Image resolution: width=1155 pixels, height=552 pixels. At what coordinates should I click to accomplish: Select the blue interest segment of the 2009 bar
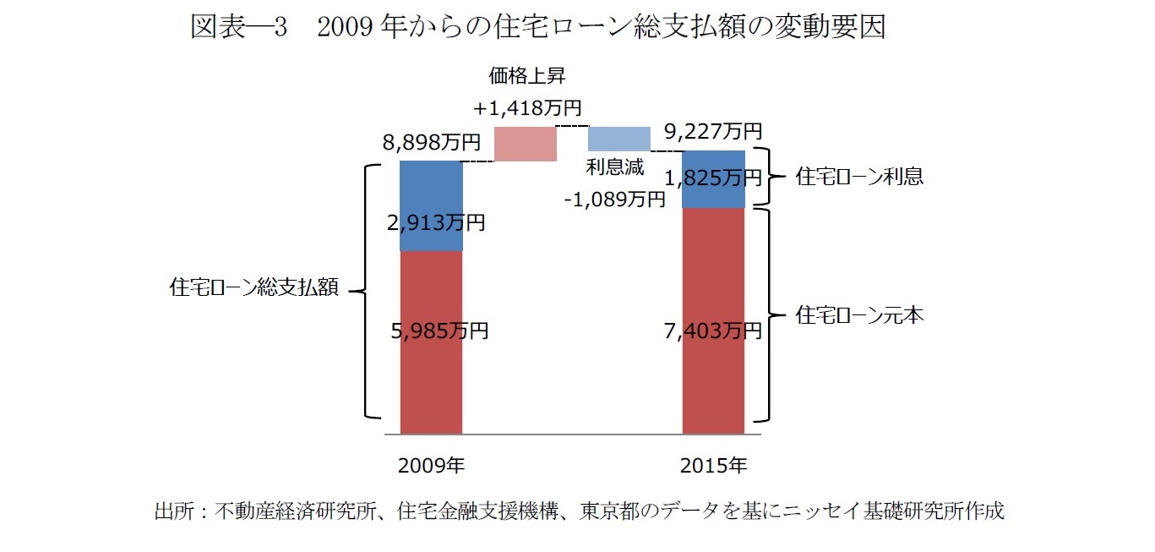431,190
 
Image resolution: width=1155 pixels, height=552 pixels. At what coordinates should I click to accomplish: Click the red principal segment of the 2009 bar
431,372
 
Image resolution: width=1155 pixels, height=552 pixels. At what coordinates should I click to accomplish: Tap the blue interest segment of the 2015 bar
713,161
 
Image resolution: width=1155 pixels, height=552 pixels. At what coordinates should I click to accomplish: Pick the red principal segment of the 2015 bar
713,380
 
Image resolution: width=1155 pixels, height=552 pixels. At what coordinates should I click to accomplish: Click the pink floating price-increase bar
525,144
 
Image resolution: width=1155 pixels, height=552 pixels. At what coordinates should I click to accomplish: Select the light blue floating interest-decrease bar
619,139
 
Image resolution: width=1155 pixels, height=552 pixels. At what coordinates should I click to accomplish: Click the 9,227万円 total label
714,131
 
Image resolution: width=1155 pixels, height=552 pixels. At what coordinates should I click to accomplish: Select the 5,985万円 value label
439,331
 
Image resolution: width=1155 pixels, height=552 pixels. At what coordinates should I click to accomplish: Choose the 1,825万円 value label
714,178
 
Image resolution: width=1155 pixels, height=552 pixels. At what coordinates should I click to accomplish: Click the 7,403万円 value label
714,331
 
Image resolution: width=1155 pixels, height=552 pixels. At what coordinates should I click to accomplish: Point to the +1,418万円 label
527,108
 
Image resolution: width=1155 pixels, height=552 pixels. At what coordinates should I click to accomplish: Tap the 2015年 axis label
714,465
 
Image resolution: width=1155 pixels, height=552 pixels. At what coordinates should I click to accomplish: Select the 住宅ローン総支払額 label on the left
254,288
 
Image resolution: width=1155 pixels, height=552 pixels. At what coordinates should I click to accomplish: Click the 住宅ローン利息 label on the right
859,178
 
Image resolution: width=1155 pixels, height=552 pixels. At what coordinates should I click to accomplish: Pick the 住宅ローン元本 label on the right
859,316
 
